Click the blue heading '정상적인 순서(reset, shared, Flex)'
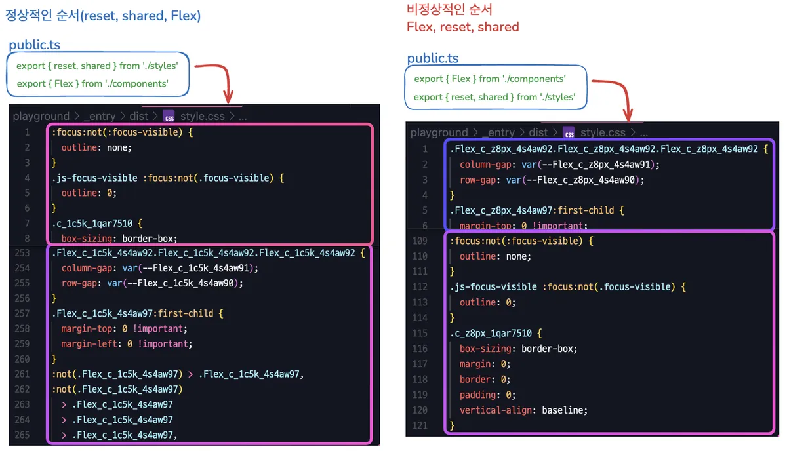coord(103,15)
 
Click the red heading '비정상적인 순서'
coord(449,9)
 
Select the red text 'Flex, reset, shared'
coord(462,27)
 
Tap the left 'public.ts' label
coord(35,45)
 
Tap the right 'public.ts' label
coord(433,58)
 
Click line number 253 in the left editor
coord(22,252)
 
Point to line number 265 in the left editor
coord(22,435)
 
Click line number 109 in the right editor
coord(420,241)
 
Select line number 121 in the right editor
coord(420,425)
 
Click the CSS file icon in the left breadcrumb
coord(169,116)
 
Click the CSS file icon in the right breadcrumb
coord(569,132)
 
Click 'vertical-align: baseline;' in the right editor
coord(523,410)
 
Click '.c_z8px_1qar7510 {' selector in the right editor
coord(495,333)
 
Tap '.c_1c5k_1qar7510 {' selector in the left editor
coord(96,223)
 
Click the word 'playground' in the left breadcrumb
coord(41,116)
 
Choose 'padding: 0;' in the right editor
coord(487,395)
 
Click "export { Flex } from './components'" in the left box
coord(92,83)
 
